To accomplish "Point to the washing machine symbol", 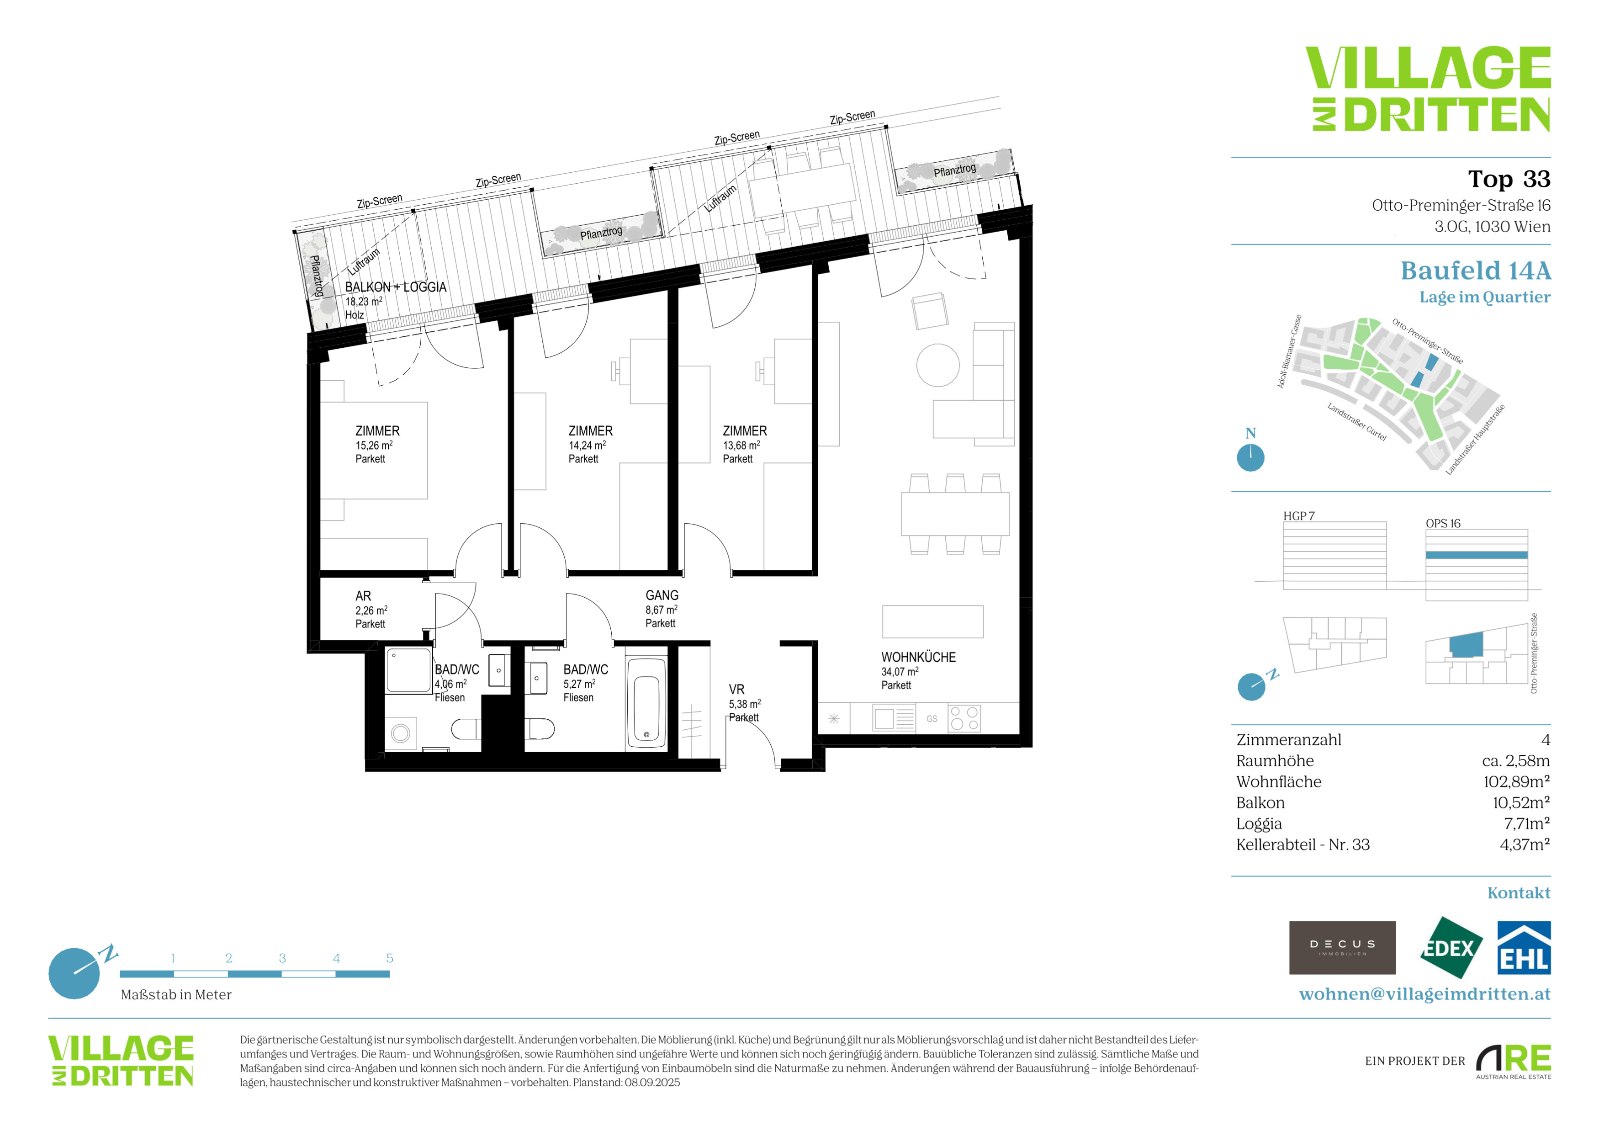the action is (x=401, y=733).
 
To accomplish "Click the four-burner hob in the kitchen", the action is (x=964, y=718).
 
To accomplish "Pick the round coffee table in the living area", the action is (x=938, y=365).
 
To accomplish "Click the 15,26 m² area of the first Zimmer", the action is (x=374, y=445).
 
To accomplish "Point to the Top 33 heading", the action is (x=1509, y=179).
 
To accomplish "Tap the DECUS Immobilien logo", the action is (x=1342, y=948).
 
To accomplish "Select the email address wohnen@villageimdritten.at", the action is (x=1425, y=994).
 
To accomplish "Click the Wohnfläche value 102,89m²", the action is (x=1516, y=781).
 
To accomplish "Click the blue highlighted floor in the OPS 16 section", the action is (x=1477, y=555).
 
